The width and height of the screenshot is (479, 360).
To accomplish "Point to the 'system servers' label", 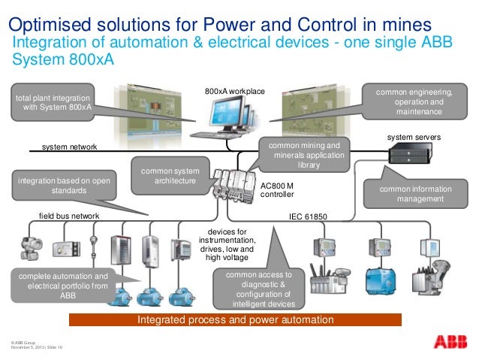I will pos(414,138).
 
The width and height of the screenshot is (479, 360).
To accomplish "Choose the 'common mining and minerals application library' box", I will pos(303,155).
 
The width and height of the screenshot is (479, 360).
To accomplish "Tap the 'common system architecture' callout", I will pos(164,176).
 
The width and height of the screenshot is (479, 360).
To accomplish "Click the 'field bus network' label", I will pos(69,216).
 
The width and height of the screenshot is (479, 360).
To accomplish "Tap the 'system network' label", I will pos(69,147).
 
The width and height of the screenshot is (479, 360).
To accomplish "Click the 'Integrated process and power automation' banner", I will pos(235,320).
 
